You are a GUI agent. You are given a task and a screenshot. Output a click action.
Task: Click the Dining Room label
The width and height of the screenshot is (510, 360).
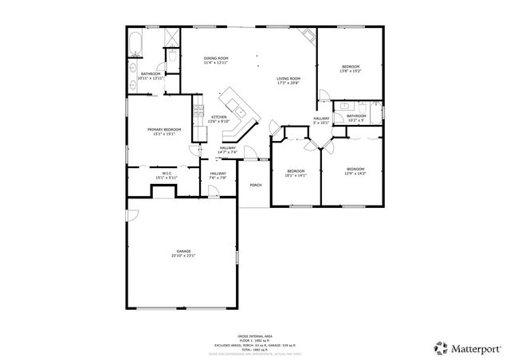tap(216, 58)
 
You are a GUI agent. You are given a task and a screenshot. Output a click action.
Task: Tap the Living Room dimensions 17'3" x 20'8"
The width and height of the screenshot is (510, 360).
tap(288, 83)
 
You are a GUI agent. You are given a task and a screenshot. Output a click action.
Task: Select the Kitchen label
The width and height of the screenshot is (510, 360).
tap(218, 117)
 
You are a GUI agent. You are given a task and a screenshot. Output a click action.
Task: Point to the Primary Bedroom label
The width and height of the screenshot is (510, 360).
tap(164, 129)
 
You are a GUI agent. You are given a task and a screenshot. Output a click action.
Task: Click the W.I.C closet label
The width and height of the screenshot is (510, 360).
tap(167, 173)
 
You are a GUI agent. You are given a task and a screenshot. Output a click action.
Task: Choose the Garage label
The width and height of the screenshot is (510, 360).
tap(183, 252)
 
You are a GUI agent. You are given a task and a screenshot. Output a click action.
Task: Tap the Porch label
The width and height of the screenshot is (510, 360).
tap(256, 185)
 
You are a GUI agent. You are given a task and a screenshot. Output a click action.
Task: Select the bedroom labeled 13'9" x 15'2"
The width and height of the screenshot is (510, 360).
tap(351, 67)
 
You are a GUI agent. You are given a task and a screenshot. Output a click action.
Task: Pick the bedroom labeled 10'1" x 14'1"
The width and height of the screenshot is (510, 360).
tap(296, 171)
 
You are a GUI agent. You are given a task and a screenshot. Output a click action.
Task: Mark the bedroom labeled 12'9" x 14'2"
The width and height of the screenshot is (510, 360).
tap(355, 169)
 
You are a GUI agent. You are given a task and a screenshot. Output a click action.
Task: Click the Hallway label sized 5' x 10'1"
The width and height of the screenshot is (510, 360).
tap(321, 119)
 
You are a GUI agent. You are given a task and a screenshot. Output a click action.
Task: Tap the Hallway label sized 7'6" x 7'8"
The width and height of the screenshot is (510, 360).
tap(218, 174)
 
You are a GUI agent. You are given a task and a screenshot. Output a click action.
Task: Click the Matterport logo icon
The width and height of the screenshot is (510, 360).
tap(440, 348)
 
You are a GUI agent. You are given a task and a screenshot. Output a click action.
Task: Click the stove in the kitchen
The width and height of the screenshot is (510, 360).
tap(198, 115)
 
